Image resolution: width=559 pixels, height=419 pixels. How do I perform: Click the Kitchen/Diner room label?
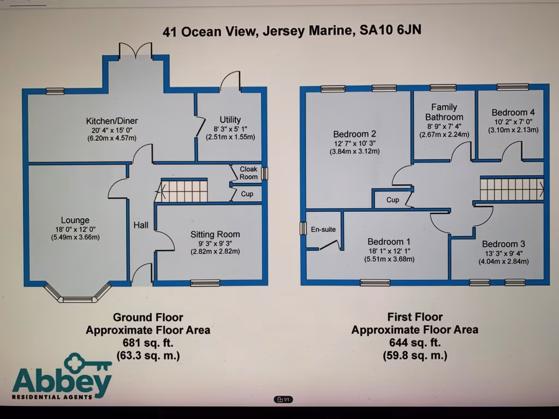pyautogui.click(x=111, y=121)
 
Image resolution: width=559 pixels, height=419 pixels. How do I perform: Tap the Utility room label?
pyautogui.click(x=230, y=119)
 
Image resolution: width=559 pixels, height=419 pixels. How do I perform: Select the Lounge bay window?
pyautogui.click(x=78, y=295)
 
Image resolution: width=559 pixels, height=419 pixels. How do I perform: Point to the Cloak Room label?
pyautogui.click(x=248, y=173)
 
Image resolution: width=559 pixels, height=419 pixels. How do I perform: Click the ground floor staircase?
pyautogui.click(x=185, y=191)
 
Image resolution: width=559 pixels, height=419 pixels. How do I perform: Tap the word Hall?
pyautogui.click(x=141, y=225)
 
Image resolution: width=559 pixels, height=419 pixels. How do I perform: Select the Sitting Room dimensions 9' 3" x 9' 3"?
pyautogui.click(x=215, y=243)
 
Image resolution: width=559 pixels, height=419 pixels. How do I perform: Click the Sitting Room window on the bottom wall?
pyautogui.click(x=205, y=283)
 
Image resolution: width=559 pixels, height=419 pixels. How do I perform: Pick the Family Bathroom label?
pyautogui.click(x=444, y=112)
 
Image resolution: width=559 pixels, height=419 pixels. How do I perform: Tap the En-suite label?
pyautogui.click(x=323, y=229)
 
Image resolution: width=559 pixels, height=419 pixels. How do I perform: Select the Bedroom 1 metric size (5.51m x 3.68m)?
pyautogui.click(x=390, y=259)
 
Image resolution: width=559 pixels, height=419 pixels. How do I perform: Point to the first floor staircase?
pyautogui.click(x=512, y=189)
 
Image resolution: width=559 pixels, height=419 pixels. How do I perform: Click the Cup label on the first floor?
pyautogui.click(x=393, y=200)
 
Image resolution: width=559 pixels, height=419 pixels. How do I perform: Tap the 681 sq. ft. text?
pyautogui.click(x=147, y=343)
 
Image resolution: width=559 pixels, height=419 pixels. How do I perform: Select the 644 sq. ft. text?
pyautogui.click(x=415, y=343)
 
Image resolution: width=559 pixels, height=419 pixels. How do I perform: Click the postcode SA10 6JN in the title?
pyautogui.click(x=390, y=30)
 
